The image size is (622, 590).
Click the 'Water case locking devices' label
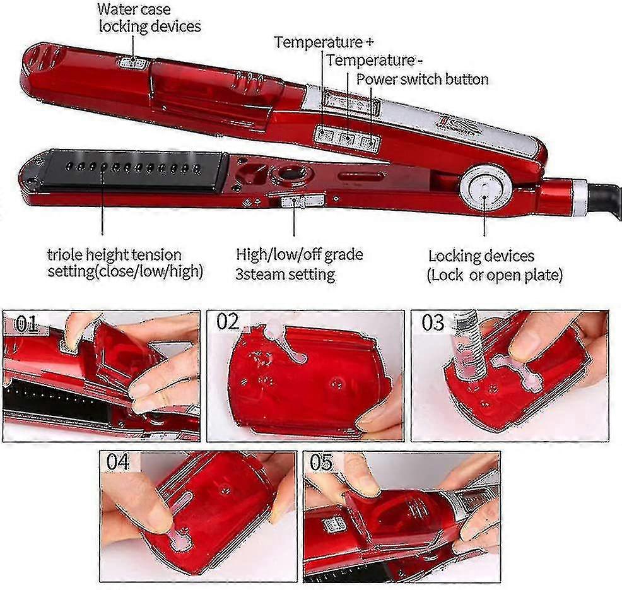[150, 18]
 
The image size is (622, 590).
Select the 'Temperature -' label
[375, 61]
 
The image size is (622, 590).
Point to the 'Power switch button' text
[422, 79]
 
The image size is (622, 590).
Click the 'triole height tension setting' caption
[126, 263]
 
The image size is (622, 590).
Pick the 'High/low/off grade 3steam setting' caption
[300, 264]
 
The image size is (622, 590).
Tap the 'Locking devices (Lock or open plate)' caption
[495, 266]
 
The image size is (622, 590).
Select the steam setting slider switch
[295, 201]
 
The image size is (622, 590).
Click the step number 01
[26, 324]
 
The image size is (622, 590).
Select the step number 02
[228, 321]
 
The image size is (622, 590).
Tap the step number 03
[433, 322]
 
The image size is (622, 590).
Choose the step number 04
[118, 463]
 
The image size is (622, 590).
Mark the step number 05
[321, 463]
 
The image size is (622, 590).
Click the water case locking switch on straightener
[131, 62]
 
